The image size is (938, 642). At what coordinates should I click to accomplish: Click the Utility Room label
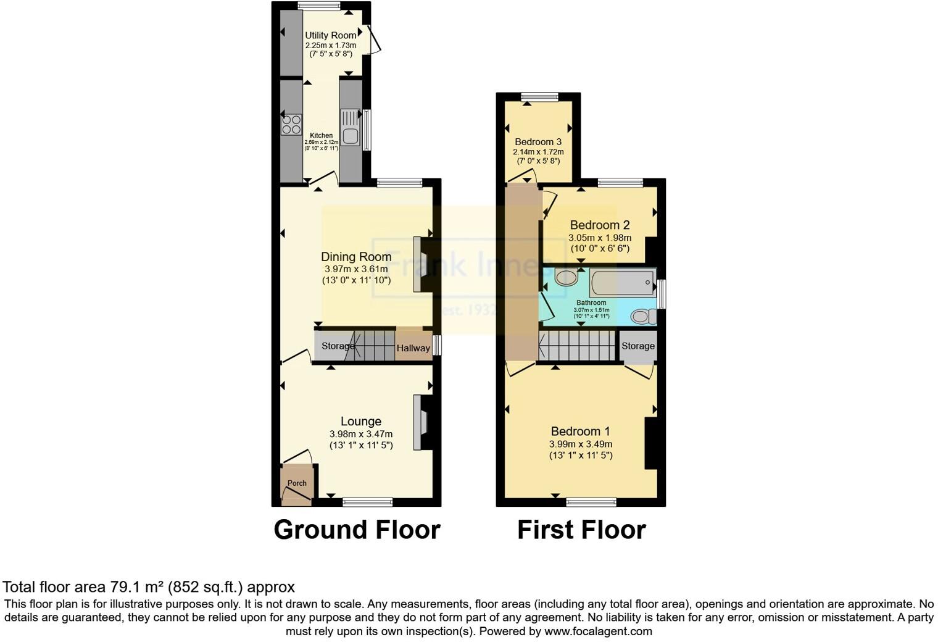(x=330, y=35)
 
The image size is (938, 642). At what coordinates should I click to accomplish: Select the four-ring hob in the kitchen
(x=291, y=125)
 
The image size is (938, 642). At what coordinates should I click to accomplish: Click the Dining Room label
(x=356, y=257)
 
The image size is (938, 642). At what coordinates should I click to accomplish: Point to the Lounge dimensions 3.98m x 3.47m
(x=360, y=434)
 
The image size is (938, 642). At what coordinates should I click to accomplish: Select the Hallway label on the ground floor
(x=413, y=348)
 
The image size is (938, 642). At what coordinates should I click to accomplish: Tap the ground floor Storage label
(x=338, y=346)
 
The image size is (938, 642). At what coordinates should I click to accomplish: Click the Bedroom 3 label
(x=538, y=142)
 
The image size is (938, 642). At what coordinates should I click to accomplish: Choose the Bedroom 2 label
(x=599, y=225)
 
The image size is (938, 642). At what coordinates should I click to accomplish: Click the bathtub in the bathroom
(x=622, y=283)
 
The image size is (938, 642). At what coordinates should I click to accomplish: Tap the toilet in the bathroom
(x=643, y=317)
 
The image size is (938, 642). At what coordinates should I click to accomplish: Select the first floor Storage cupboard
(x=637, y=346)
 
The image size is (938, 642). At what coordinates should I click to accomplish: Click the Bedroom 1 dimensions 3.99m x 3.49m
(x=581, y=444)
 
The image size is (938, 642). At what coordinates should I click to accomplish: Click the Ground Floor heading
(x=357, y=530)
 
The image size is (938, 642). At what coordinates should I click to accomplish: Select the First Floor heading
(x=581, y=530)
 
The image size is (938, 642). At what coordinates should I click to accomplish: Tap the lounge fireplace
(x=421, y=422)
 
